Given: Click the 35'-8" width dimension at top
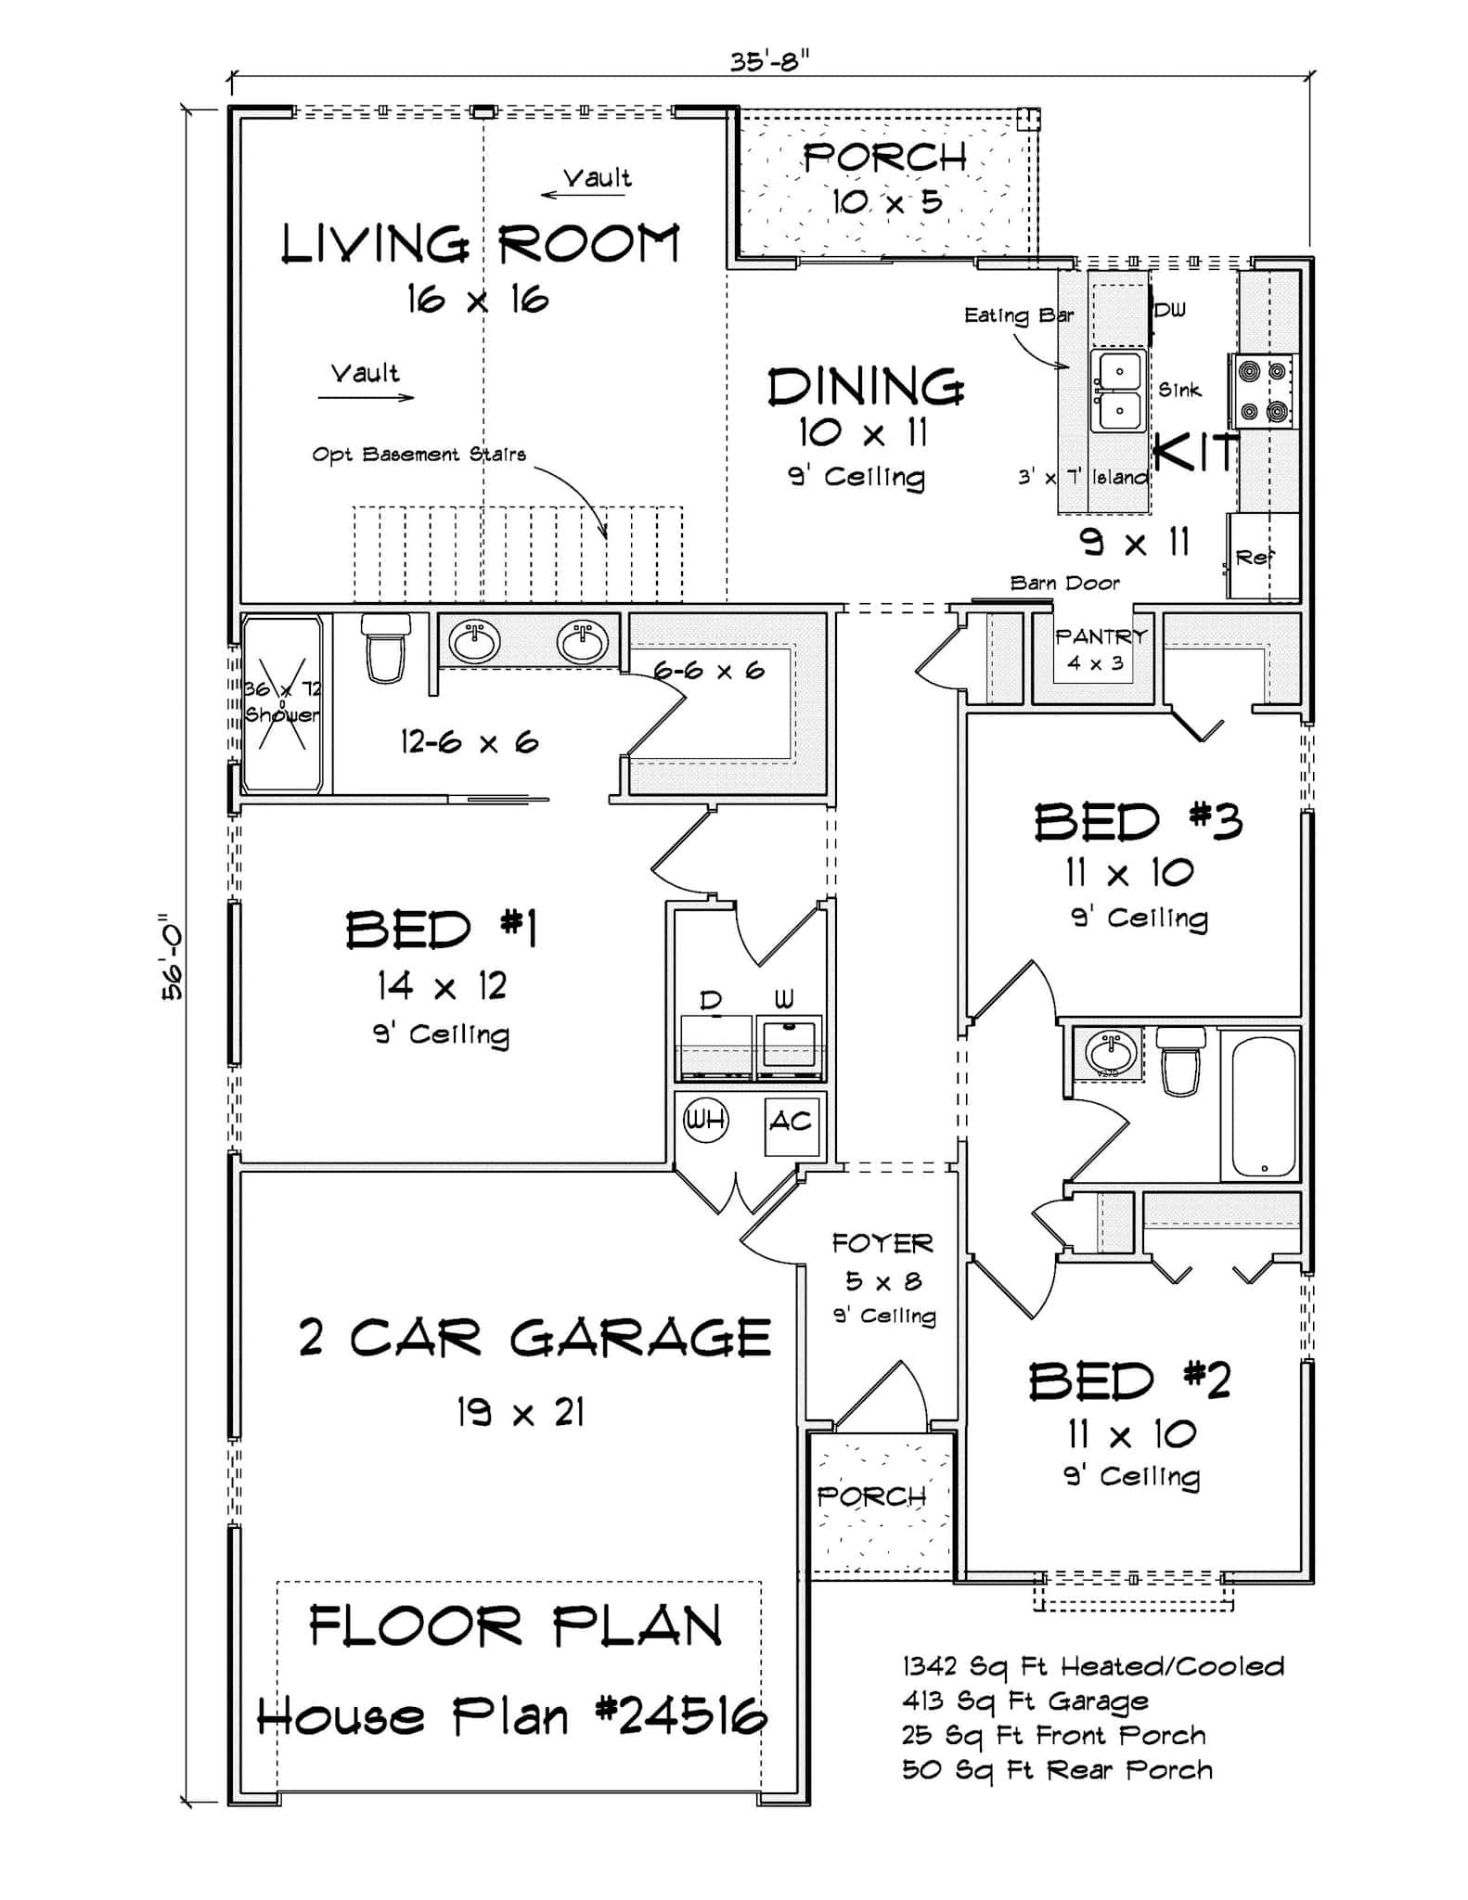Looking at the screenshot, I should pyautogui.click(x=768, y=61).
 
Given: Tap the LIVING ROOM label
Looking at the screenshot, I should pyautogui.click(x=480, y=245).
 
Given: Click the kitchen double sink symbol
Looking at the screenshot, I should pyautogui.click(x=1118, y=391).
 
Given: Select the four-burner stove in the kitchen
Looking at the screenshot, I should pyautogui.click(x=1263, y=391).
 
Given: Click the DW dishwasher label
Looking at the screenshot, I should pyautogui.click(x=1170, y=310).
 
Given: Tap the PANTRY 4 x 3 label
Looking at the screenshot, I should pyautogui.click(x=1101, y=648).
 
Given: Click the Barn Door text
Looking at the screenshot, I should pyautogui.click(x=1064, y=583).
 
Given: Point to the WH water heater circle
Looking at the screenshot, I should pyautogui.click(x=705, y=1120).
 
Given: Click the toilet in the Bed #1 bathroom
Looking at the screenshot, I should pyautogui.click(x=385, y=646).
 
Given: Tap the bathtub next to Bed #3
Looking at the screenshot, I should pyautogui.click(x=1263, y=1105).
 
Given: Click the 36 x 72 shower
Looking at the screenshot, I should pyautogui.click(x=282, y=703).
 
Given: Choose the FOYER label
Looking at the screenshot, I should pyautogui.click(x=882, y=1243).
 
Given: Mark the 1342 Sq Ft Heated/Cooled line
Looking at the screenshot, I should pyautogui.click(x=1093, y=1666).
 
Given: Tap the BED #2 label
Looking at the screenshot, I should pyautogui.click(x=1129, y=1381).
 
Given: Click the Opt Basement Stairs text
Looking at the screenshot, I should pyautogui.click(x=419, y=455).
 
